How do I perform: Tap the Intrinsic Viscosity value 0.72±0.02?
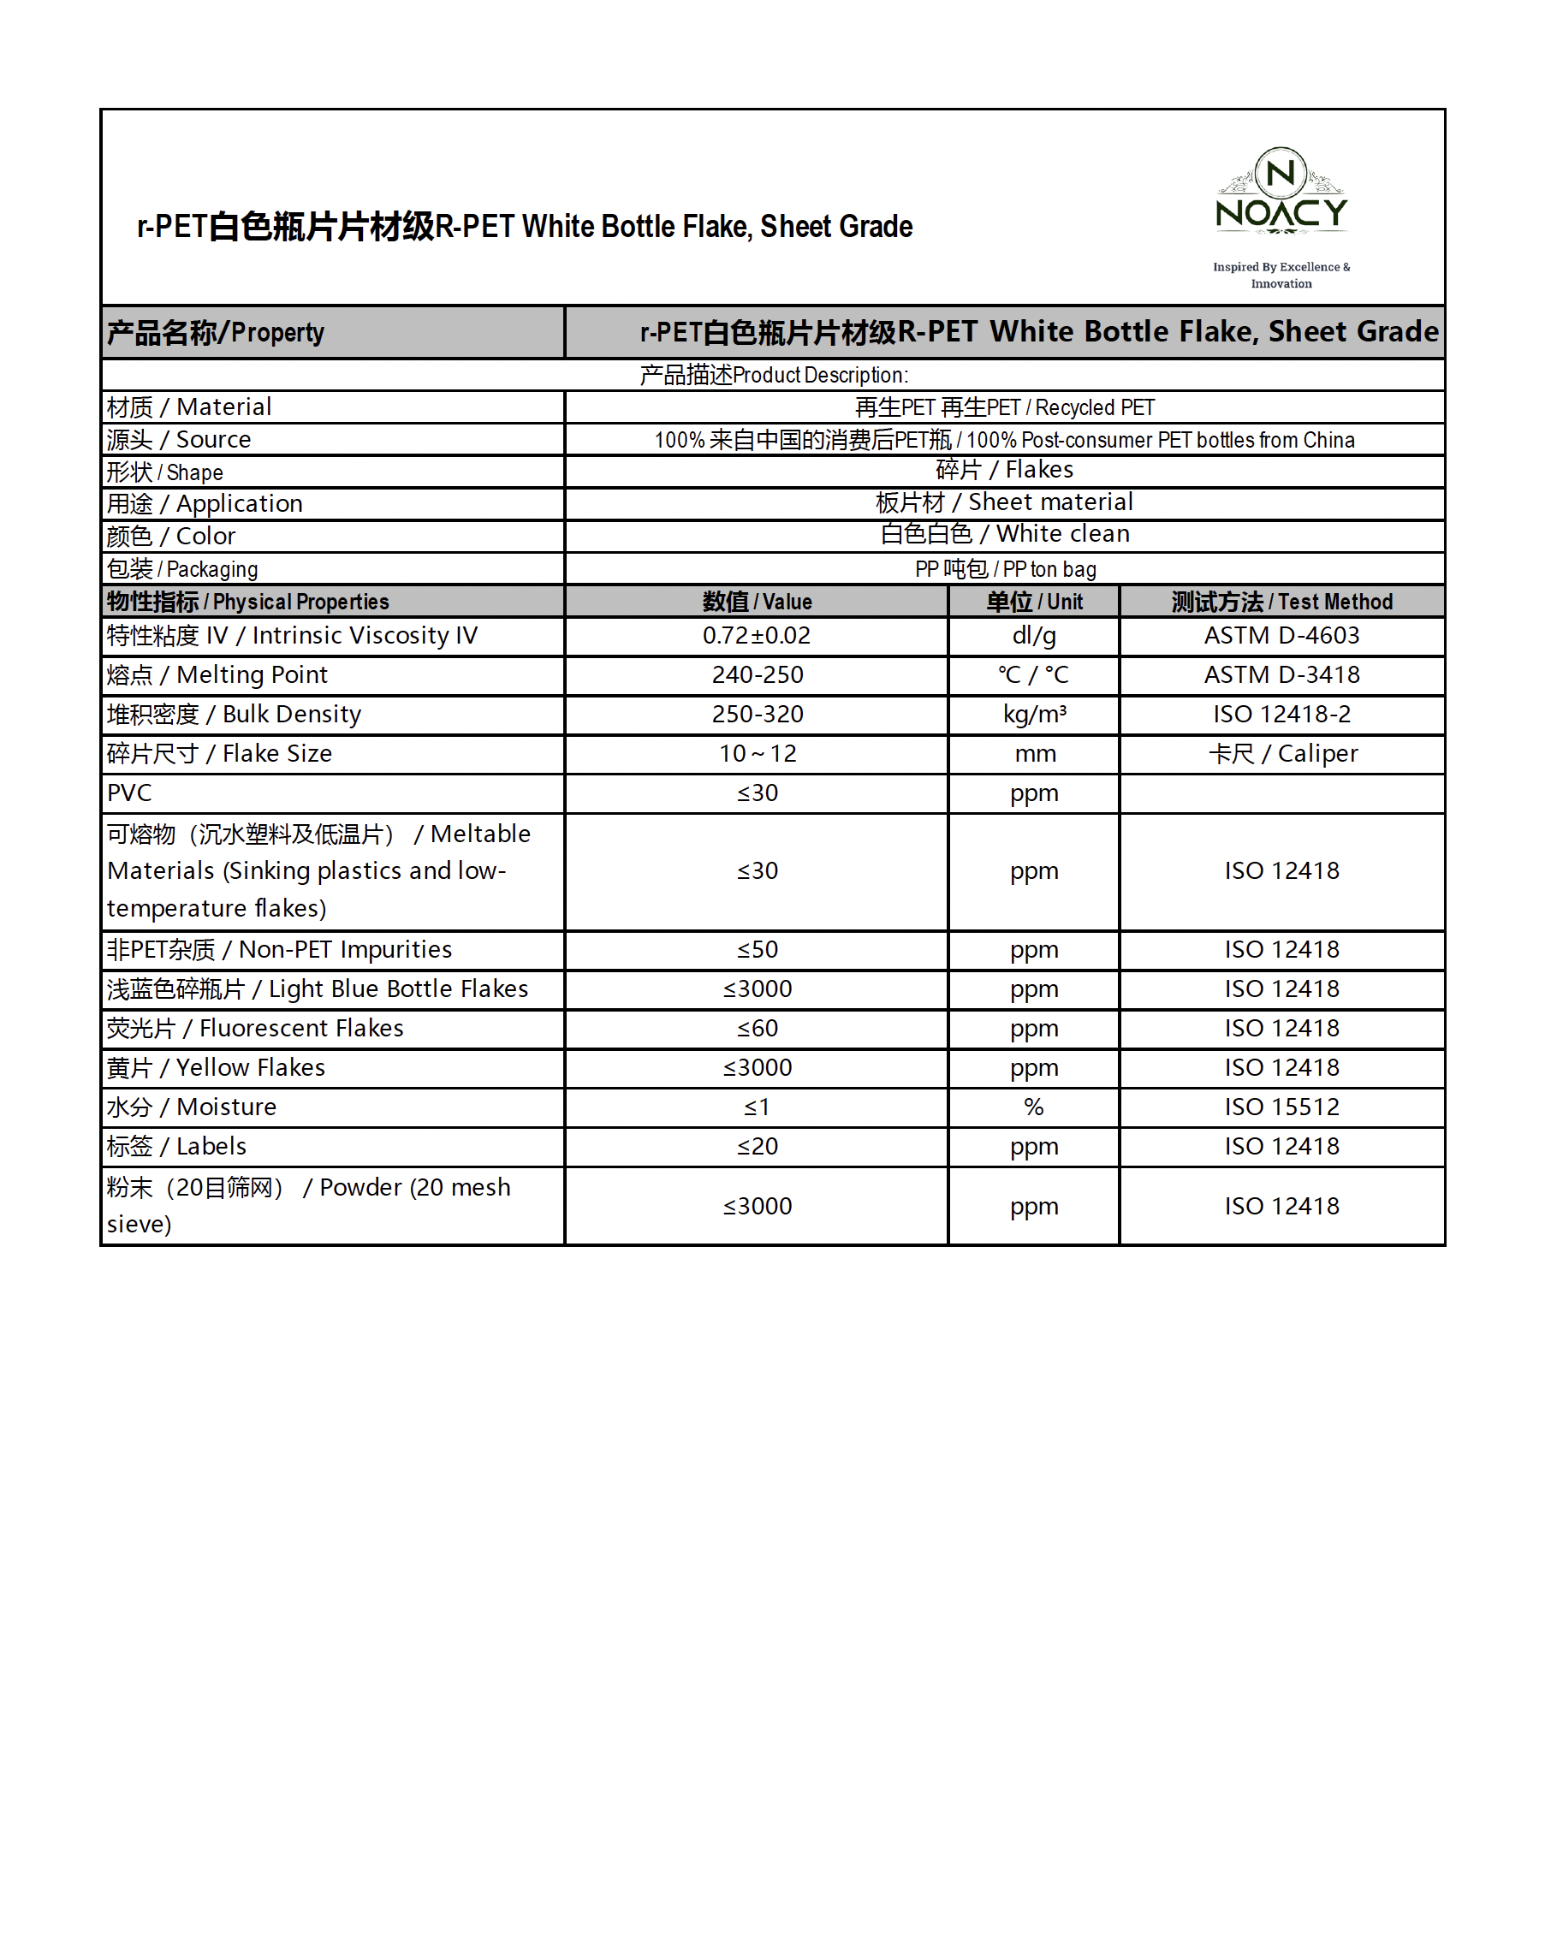tap(757, 636)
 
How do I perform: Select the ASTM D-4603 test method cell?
tap(1281, 636)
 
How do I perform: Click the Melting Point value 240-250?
tap(757, 675)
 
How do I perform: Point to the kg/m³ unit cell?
tap(1034, 715)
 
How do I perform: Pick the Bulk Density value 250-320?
tap(757, 715)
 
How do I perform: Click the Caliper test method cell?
tap(1281, 754)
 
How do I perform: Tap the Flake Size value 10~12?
tap(757, 754)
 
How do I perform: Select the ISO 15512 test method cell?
tap(1281, 1107)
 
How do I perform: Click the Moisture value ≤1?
tap(757, 1107)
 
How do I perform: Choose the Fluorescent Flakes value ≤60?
tap(757, 1028)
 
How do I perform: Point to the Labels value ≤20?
tap(757, 1147)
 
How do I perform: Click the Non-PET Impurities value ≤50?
tap(757, 949)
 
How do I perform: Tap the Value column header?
tap(757, 602)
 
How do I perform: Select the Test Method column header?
tap(1281, 602)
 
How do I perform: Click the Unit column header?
tap(1034, 602)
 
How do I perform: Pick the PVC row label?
tap(129, 793)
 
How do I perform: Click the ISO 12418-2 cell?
tap(1281, 715)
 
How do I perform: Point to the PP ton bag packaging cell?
tap(1005, 569)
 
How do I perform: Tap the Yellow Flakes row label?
tap(216, 1068)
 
